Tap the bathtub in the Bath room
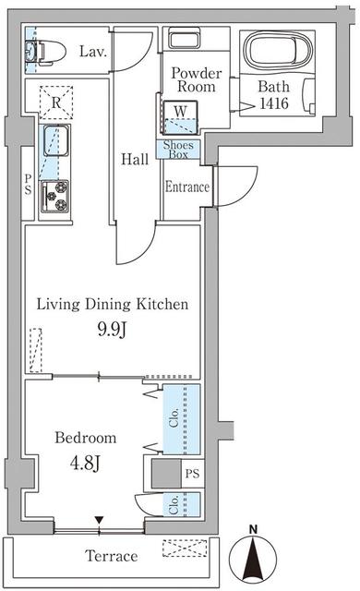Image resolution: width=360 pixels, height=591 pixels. pos(278,50)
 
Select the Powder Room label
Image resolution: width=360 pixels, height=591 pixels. pos(197,79)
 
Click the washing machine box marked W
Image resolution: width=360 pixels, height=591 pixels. pos(180,117)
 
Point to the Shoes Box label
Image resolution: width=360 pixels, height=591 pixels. pos(178,150)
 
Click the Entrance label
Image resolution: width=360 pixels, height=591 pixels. pos(187,187)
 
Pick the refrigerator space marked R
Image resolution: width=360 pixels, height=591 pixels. pos(56,103)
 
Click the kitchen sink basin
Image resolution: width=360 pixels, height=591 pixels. pos(55,140)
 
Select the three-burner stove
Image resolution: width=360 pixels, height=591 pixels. pos(55,196)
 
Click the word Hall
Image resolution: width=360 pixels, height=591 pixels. pos(135,159)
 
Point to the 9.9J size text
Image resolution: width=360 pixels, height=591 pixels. pos(112,330)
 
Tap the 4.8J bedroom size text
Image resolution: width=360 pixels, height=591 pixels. pos(86,464)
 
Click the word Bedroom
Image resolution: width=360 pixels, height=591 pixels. pos(86,438)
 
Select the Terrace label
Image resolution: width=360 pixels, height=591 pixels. pos(112,556)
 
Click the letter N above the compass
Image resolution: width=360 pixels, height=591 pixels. pos(254,529)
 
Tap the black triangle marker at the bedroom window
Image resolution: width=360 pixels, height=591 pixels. pos(99,520)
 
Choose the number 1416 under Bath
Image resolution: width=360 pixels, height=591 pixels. pos(274,103)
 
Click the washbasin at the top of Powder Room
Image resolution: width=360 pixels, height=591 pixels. pos(181,39)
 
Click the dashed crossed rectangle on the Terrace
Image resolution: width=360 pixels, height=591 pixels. pos(185,548)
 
